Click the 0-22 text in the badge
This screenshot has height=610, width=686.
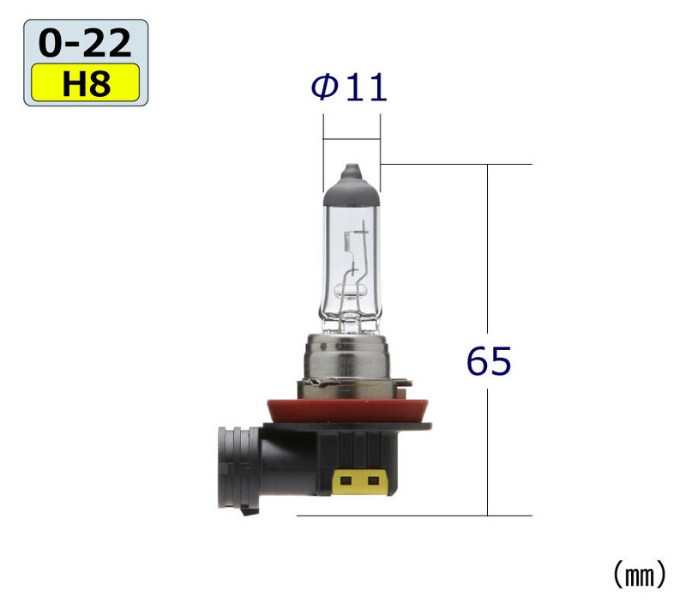(85, 43)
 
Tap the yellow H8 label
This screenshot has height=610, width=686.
(85, 82)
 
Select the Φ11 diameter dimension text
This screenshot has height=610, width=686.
(349, 88)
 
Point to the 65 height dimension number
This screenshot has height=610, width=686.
(488, 361)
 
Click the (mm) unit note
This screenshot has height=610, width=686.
(640, 575)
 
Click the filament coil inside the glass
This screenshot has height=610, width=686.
(349, 242)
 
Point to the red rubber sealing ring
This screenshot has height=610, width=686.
(347, 410)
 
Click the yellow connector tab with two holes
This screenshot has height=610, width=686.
(359, 482)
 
